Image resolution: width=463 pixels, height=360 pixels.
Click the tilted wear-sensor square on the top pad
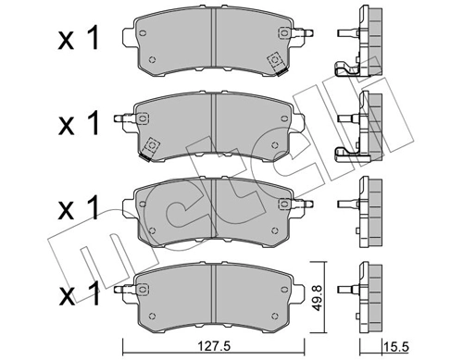coord(274,61)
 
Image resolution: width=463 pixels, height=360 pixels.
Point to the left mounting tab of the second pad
coord(121,118)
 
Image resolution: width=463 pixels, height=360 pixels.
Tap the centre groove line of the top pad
coord(215,37)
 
